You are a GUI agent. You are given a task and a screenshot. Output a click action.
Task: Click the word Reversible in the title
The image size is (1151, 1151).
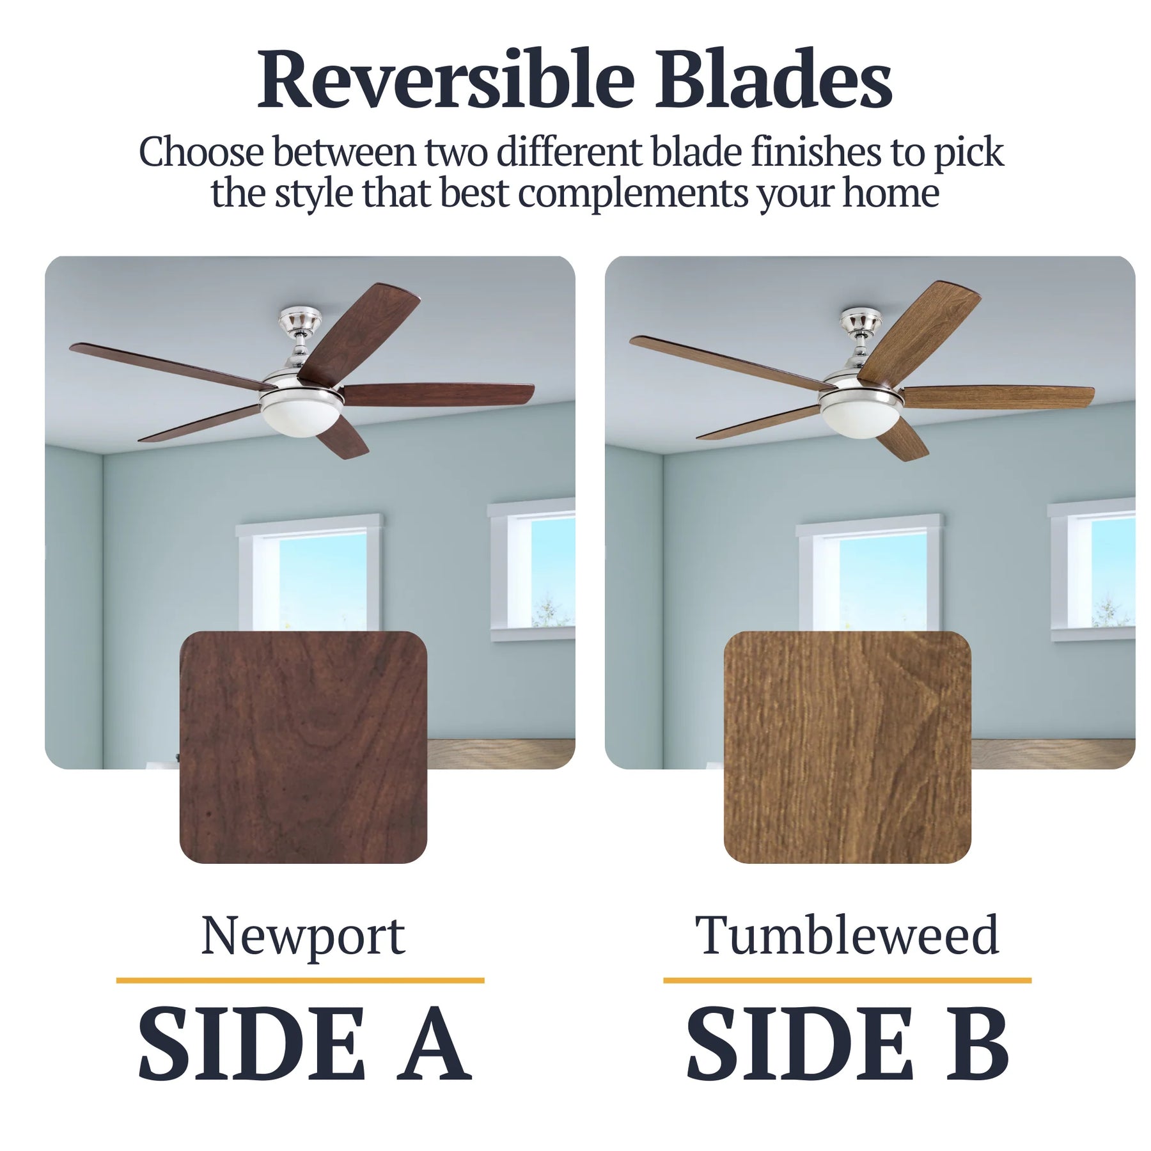(x=446, y=79)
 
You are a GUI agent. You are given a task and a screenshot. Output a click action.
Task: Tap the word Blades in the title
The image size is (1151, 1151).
(x=773, y=79)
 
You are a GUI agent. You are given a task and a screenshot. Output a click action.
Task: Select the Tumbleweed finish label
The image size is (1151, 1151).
(x=847, y=935)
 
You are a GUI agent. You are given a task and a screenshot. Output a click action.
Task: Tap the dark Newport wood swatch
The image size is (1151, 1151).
(x=303, y=747)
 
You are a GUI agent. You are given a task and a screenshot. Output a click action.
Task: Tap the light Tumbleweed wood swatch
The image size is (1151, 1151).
(x=847, y=747)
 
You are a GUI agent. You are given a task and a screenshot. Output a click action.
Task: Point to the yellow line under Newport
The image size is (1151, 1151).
(x=300, y=980)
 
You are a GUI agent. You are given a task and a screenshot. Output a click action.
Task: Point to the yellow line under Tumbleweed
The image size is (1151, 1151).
(x=847, y=980)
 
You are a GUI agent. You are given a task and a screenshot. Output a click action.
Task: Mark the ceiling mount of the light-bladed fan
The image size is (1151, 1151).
(x=861, y=323)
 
